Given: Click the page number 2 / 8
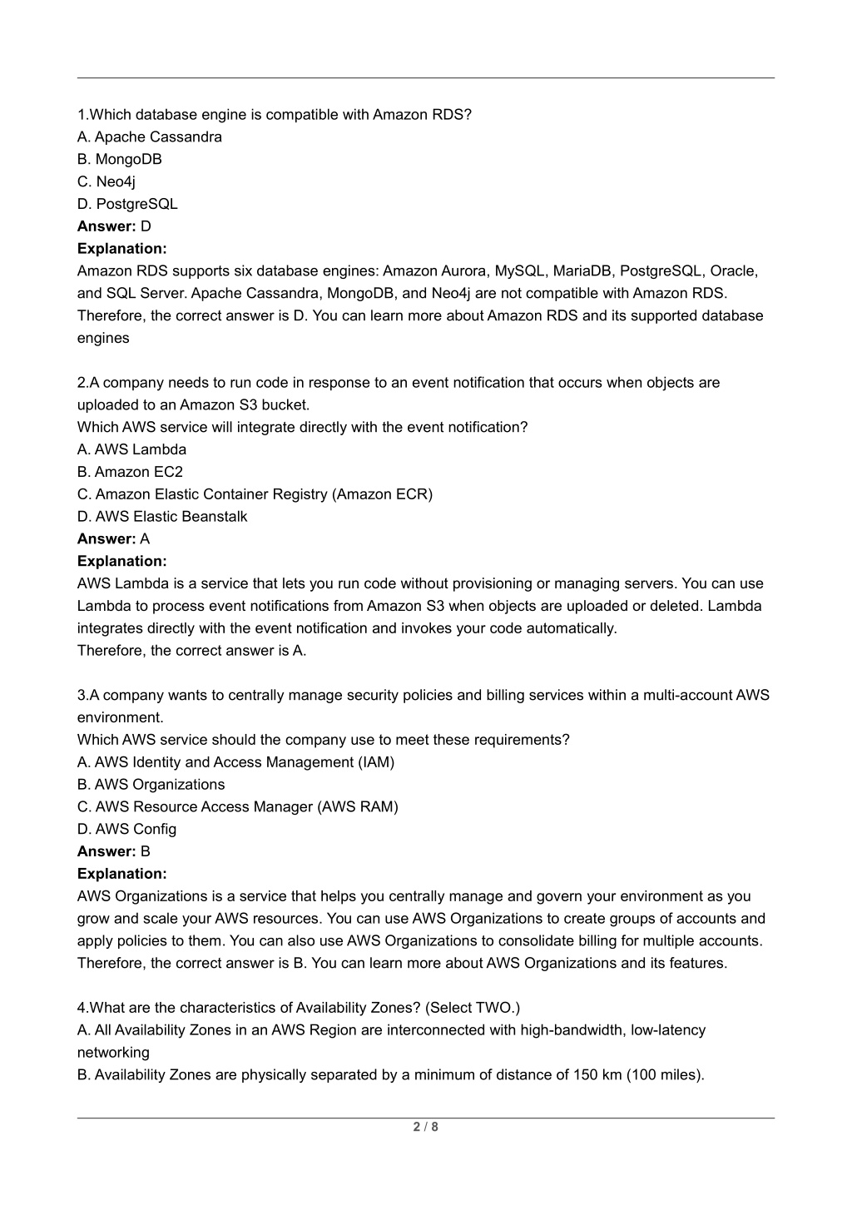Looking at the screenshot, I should (425, 1128).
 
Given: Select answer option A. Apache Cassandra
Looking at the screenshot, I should (150, 136).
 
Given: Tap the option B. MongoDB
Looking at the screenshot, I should (120, 159).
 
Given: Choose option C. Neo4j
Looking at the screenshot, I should (106, 181).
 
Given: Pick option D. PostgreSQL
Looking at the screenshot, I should (127, 204).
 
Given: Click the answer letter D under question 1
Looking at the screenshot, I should (146, 226).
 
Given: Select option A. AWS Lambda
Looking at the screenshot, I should (131, 449).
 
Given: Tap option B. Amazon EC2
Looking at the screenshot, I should (130, 472).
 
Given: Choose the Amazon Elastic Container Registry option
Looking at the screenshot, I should (255, 494).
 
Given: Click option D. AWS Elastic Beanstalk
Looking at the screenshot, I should (162, 517).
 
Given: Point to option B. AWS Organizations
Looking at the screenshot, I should (151, 785).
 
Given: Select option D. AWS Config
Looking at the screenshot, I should (126, 830).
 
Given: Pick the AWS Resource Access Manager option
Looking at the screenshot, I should (238, 807).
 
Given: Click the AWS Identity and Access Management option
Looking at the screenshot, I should (235, 762).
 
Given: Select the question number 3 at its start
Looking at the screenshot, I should (82, 695).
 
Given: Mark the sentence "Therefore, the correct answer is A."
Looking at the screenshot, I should (192, 651).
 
